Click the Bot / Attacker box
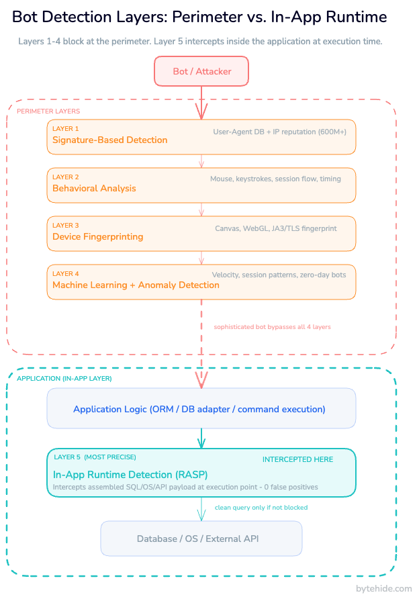pos(201,71)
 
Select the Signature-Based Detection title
pos(110,140)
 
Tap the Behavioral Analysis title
pos(94,189)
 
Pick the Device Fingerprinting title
pos(98,237)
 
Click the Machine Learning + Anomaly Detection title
pos(136,285)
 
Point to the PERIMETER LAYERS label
pos(48,111)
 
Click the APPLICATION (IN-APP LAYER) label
pos(64,379)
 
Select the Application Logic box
pos(201,409)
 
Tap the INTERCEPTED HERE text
pos(297,460)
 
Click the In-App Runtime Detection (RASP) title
pos(126,475)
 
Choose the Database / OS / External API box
pos(201,539)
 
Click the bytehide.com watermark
pos(383,589)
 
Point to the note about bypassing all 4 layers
pos(272,327)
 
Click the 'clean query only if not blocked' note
pos(261,508)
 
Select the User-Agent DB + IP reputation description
pos(279,132)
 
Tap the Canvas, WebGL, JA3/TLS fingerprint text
pos(275,228)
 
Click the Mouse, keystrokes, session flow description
pos(275,179)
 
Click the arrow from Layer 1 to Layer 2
pos(201,161)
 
